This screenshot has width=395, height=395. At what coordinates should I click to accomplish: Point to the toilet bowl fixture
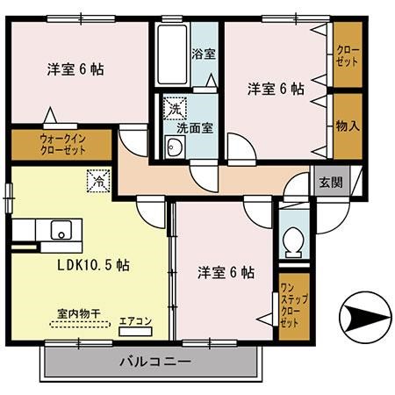click(x=294, y=239)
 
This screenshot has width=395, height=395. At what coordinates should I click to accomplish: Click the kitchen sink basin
click(x=61, y=231)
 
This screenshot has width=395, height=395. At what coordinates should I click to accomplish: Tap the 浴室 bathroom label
click(x=204, y=54)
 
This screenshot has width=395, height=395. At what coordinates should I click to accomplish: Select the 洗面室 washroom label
click(x=193, y=127)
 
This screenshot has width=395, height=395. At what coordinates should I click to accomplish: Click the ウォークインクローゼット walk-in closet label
click(x=62, y=144)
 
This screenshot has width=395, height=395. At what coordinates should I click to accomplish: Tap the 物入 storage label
click(x=347, y=126)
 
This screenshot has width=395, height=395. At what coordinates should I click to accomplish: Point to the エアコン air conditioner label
click(x=135, y=321)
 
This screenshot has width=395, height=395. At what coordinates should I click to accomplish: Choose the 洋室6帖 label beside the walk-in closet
click(x=75, y=69)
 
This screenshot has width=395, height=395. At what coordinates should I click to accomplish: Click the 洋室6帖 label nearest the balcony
click(x=226, y=273)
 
